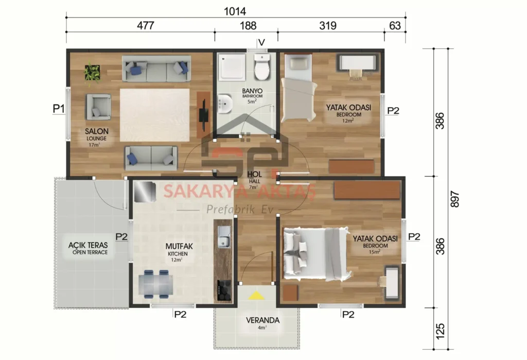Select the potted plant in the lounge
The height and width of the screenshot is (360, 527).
click(x=93, y=72)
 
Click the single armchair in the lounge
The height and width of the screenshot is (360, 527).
click(x=98, y=107)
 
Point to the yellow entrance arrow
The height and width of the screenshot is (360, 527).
click(x=256, y=296)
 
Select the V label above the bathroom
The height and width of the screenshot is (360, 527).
click(x=261, y=42)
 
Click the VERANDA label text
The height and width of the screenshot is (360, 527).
click(x=262, y=320)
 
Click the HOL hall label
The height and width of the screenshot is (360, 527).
click(x=254, y=174)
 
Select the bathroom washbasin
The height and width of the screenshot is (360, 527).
click(x=224, y=105)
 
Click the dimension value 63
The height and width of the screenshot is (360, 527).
click(x=395, y=26)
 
